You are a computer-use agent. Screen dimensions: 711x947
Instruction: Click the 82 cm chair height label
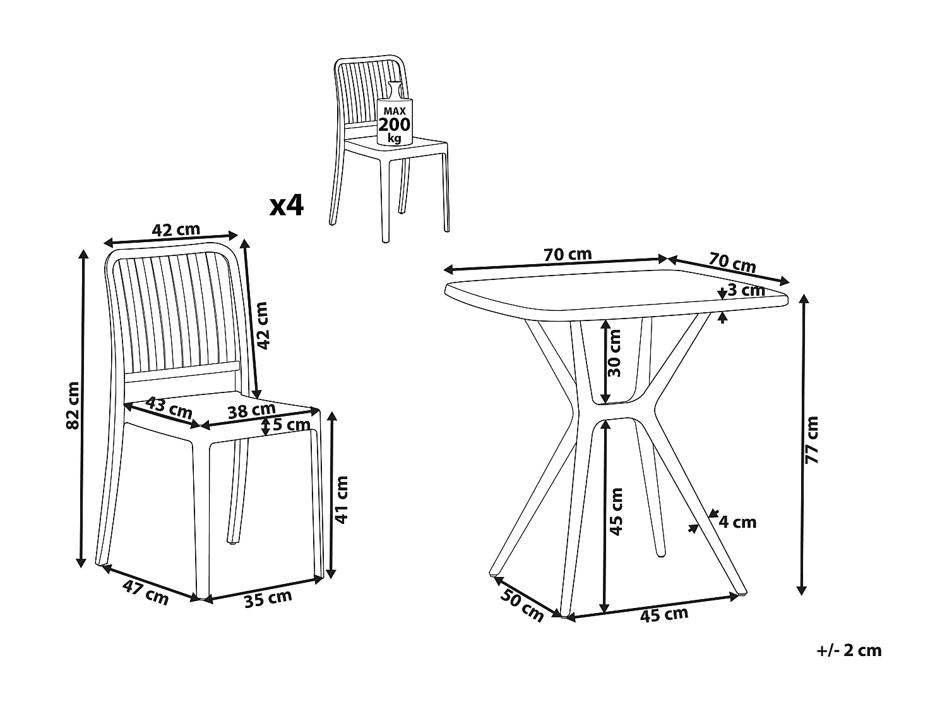pyautogui.click(x=74, y=405)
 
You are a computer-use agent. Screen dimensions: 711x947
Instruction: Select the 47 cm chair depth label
pyautogui.click(x=145, y=593)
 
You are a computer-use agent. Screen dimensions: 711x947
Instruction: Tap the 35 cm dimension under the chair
pyautogui.click(x=268, y=598)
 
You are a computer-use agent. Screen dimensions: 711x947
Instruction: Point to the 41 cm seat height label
pyautogui.click(x=342, y=499)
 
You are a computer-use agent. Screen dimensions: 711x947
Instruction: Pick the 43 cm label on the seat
pyautogui.click(x=169, y=408)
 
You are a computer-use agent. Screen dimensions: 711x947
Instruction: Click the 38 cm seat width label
pyautogui.click(x=251, y=411)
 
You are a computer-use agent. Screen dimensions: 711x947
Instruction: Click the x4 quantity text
pyautogui.click(x=287, y=205)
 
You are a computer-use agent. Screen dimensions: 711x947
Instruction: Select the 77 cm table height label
pyautogui.click(x=812, y=440)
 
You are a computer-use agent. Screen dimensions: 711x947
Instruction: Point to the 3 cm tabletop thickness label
pyautogui.click(x=746, y=290)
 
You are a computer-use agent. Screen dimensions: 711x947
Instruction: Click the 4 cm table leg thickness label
pyautogui.click(x=737, y=522)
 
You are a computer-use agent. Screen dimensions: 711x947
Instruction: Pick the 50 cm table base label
pyautogui.click(x=522, y=605)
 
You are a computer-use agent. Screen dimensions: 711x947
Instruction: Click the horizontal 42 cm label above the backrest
pyautogui.click(x=176, y=229)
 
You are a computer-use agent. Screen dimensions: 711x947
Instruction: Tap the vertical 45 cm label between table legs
pyautogui.click(x=616, y=511)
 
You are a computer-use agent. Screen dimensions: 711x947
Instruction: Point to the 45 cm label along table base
pyautogui.click(x=664, y=614)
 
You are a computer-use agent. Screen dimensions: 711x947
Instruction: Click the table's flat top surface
pyautogui.click(x=616, y=296)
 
